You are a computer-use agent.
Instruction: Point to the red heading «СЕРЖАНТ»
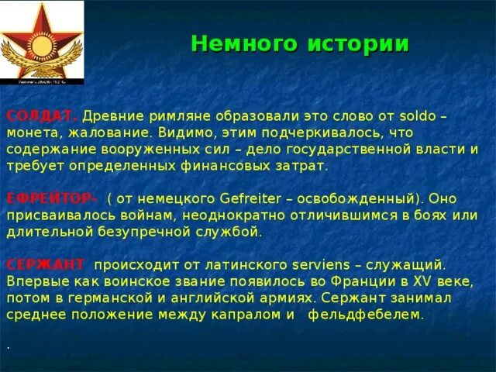coord(46,265)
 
